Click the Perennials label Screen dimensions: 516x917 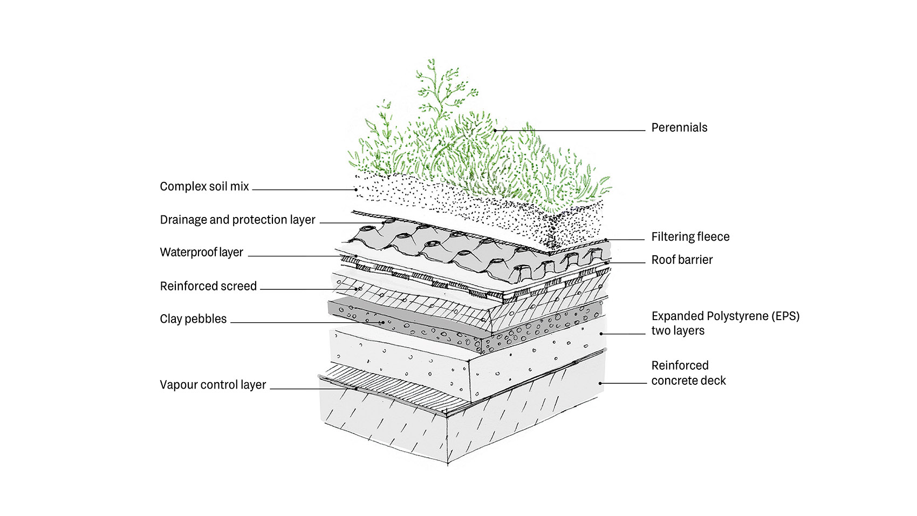point(679,128)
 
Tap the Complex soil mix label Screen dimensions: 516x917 point(204,187)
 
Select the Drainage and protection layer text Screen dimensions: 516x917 point(237,220)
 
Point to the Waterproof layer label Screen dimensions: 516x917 point(201,253)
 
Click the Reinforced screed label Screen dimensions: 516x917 point(208,286)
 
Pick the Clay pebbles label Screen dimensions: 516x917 point(193,319)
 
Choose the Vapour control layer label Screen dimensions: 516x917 point(213,385)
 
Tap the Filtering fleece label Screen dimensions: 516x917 point(690,237)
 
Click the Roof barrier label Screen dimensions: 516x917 point(682,260)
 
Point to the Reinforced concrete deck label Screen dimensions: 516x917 point(688,373)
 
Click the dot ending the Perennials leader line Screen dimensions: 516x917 point(495,130)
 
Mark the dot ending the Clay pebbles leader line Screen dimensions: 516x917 point(383,323)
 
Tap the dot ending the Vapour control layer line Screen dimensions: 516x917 point(356,389)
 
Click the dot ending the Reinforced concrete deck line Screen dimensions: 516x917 point(600,383)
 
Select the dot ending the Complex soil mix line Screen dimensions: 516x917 point(356,189)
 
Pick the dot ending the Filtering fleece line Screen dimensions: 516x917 point(606,240)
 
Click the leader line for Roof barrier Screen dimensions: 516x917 point(626,263)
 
